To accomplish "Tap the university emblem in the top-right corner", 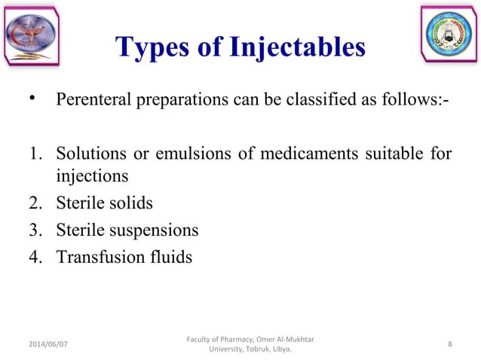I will (x=449, y=36).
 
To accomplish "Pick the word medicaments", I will (x=312, y=156).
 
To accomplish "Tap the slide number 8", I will (x=449, y=345).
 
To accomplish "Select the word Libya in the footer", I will (x=279, y=350).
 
